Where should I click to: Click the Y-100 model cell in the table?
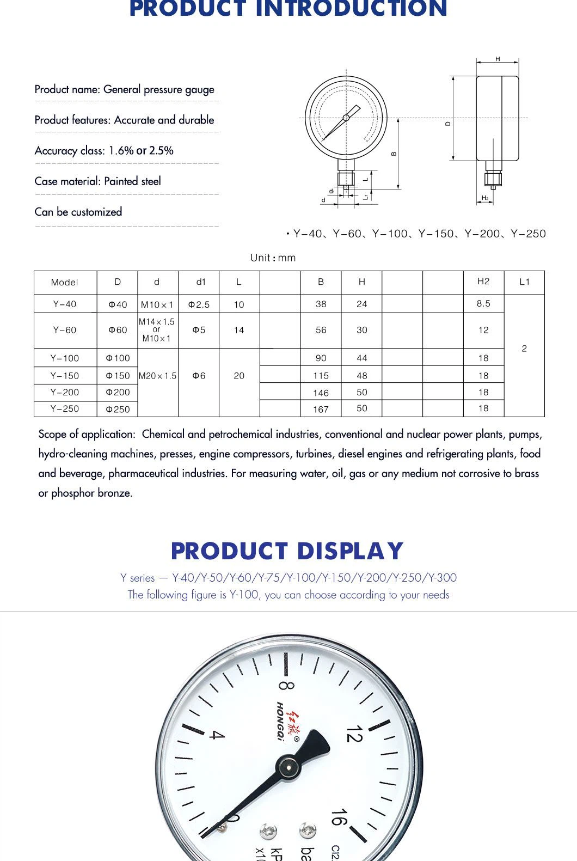[x=65, y=358]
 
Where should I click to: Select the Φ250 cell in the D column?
[x=118, y=409]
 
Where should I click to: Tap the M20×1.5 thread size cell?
[x=158, y=376]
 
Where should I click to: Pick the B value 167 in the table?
[x=321, y=409]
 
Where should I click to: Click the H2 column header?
[x=483, y=282]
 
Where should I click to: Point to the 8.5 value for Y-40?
[x=483, y=304]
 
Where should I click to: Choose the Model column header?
[x=65, y=282]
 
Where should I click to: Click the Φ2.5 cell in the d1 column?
[x=199, y=304]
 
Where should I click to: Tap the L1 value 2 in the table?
[x=524, y=349]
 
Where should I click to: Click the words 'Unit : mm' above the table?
[x=273, y=258]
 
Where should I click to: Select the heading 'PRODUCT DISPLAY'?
[x=287, y=551]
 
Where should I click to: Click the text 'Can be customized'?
[x=78, y=212]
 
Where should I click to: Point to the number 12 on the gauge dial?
[x=354, y=734]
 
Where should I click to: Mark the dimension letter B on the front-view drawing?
[x=394, y=154]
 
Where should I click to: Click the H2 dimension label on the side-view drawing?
[x=485, y=198]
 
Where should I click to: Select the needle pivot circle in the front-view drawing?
[x=346, y=118]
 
